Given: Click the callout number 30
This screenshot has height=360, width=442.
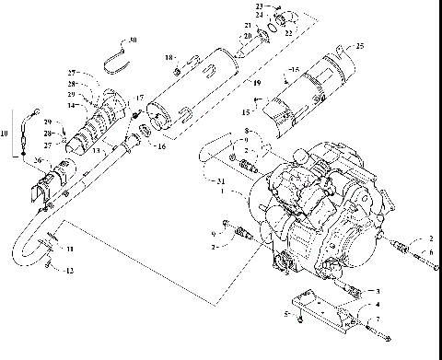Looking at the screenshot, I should click(134, 41).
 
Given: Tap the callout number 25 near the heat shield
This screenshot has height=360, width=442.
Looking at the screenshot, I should click(359, 46).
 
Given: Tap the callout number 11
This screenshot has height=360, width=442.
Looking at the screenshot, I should click(71, 250).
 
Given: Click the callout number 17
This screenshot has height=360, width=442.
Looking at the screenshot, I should click(139, 97).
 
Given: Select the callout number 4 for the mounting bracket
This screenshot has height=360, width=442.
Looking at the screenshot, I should click(376, 303).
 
